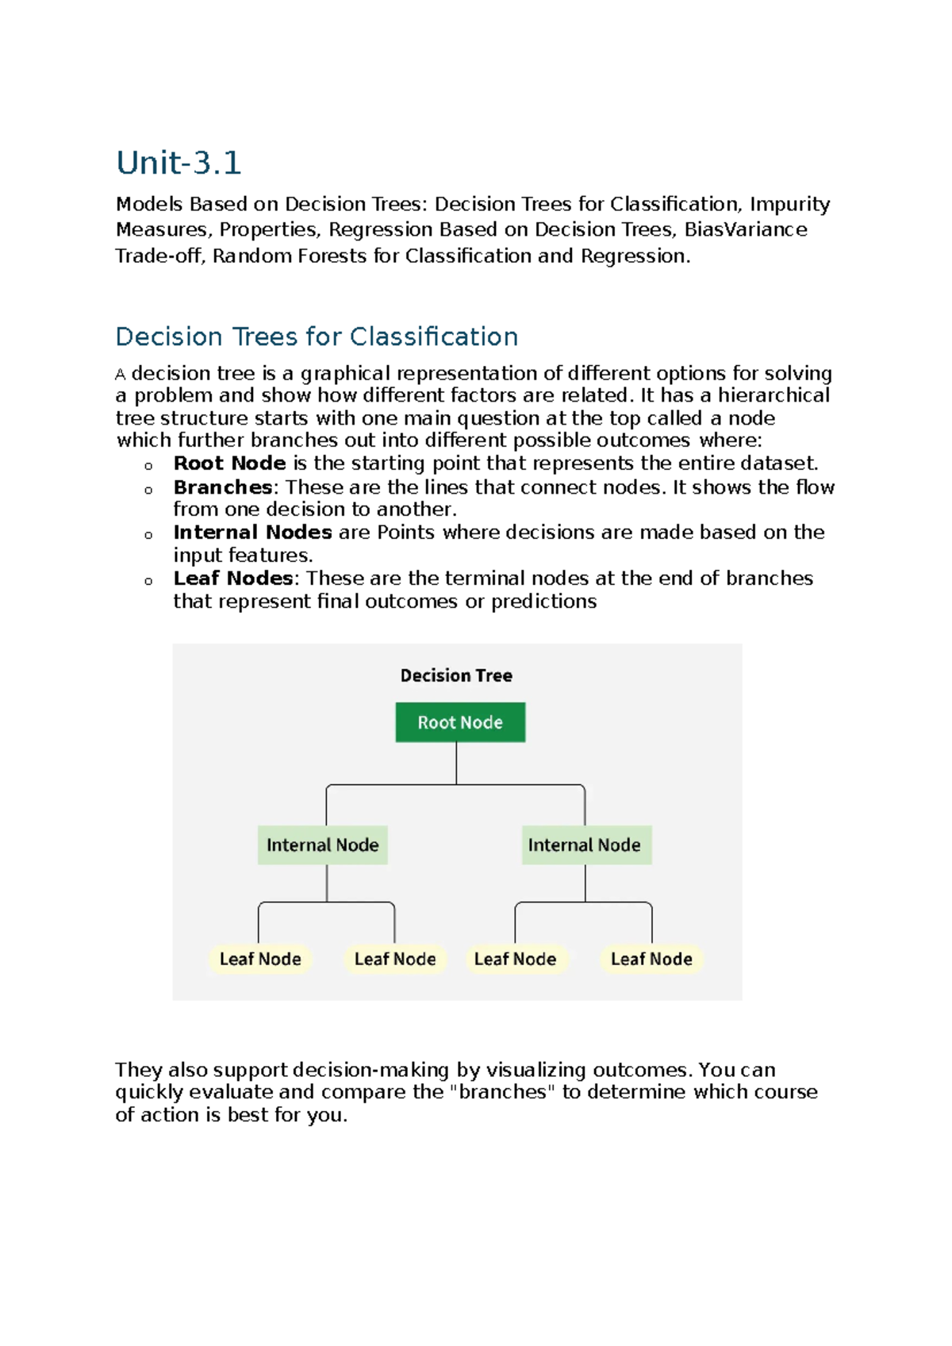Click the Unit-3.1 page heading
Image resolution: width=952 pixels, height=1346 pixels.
click(178, 163)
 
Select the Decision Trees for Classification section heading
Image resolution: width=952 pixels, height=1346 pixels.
click(317, 336)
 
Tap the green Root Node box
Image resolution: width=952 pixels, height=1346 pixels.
click(460, 722)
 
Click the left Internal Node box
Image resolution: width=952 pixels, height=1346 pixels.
click(322, 845)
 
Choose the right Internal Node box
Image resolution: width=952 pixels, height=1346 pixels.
click(585, 845)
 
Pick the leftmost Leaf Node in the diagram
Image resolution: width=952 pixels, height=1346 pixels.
click(260, 960)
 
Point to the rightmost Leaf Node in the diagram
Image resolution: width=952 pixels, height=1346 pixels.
click(651, 960)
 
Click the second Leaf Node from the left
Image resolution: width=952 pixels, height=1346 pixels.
click(395, 960)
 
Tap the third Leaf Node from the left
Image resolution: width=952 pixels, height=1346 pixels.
click(516, 960)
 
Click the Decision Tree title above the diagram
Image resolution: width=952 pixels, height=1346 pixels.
click(456, 675)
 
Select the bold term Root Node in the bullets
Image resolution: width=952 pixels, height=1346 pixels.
click(229, 463)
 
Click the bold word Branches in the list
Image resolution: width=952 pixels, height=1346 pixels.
click(222, 487)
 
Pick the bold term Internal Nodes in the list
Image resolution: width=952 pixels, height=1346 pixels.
click(252, 533)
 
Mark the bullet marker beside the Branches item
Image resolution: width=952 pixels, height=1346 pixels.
click(148, 490)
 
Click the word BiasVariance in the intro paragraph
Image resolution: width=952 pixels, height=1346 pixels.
click(746, 230)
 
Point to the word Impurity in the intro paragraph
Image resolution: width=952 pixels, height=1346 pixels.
click(790, 205)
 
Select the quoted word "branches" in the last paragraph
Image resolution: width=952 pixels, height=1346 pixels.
click(502, 1092)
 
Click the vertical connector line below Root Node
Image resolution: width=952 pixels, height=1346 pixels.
click(456, 763)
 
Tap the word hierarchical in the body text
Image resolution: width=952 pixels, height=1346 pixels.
click(773, 395)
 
